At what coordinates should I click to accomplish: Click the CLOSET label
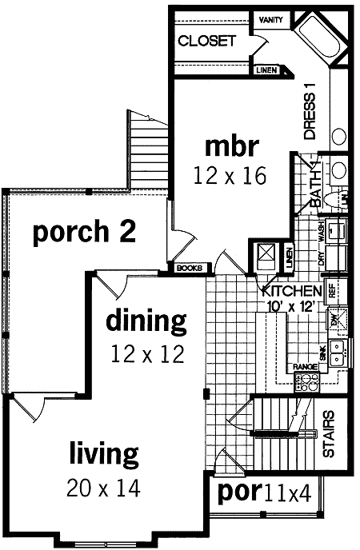coord(206,41)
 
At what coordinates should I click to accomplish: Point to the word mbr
coord(232,146)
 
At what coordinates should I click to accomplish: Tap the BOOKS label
coord(188,268)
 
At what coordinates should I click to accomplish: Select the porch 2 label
coord(83,232)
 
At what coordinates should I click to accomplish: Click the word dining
coord(146,321)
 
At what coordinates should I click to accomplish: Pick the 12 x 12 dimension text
coord(146,353)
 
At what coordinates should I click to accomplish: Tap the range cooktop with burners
coord(307,383)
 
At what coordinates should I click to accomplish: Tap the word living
coord(103,455)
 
